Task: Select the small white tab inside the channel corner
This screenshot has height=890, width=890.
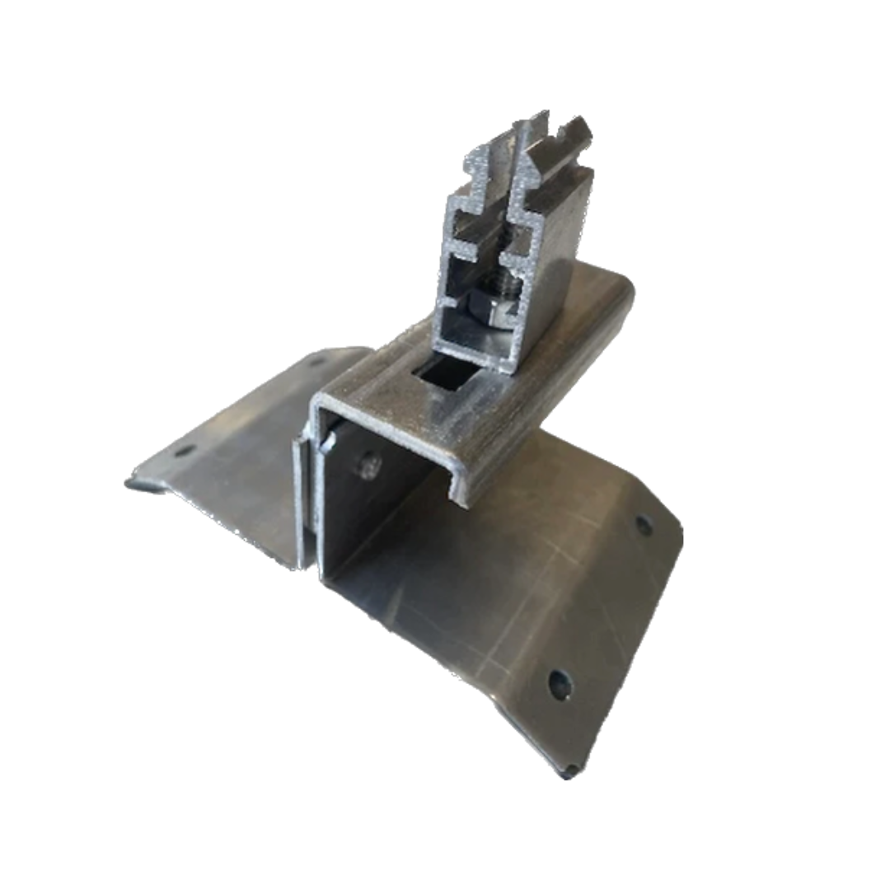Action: (x=328, y=443)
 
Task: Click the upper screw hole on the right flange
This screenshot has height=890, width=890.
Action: (x=643, y=524)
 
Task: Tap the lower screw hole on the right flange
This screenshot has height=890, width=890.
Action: (x=560, y=683)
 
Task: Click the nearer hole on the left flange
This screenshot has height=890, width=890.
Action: (x=185, y=451)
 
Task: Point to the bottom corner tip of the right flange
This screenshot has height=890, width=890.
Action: (x=569, y=773)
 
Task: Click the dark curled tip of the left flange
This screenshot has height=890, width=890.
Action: (x=134, y=484)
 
